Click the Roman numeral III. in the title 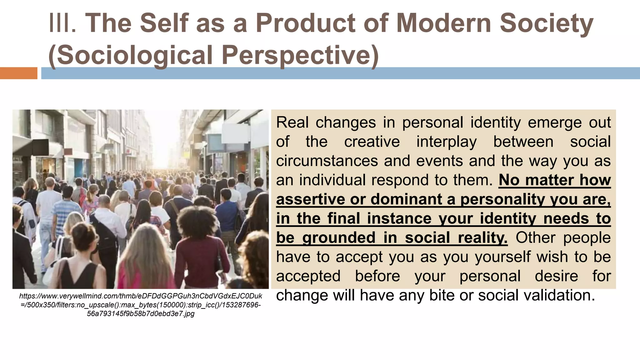(62, 23)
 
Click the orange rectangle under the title (18, 73)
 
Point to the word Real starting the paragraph (292, 122)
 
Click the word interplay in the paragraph (447, 142)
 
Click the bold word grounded (339, 238)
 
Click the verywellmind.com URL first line (141, 296)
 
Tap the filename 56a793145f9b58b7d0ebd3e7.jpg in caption (141, 314)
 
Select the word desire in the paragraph (556, 276)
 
